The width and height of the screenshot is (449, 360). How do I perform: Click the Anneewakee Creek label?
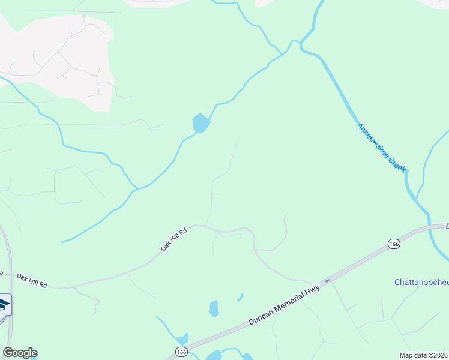pos(382,148)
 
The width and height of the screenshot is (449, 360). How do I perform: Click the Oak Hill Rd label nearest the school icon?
pos(32,279)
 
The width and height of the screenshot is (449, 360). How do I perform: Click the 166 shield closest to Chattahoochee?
pos(394,244)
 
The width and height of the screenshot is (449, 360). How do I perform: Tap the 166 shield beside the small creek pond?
pos(181,351)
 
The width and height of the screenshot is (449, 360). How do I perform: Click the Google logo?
pos(20,353)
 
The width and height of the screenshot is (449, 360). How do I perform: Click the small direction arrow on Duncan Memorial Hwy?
pos(327,280)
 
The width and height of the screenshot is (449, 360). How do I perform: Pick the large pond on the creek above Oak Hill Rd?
pos(200,123)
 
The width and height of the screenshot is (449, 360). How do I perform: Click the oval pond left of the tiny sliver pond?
pos(214,308)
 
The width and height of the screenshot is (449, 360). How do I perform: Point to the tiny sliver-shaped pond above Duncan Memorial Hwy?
pos(240,296)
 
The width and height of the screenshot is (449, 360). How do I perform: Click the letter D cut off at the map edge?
pos(447,226)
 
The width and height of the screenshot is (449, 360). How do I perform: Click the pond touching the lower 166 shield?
pos(182,339)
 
